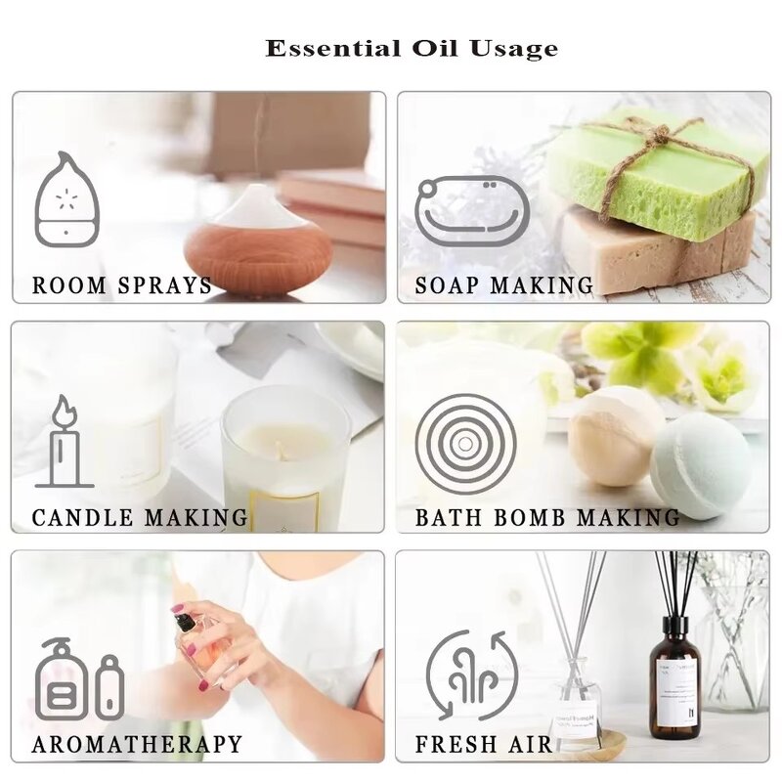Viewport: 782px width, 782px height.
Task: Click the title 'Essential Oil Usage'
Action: [412, 48]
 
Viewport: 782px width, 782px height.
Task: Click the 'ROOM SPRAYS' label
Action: [122, 286]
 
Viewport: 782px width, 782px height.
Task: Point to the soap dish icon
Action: [472, 209]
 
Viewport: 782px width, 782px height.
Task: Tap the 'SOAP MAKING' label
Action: [504, 286]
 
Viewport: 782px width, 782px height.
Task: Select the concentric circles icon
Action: [465, 443]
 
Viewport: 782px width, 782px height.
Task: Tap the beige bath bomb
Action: [616, 436]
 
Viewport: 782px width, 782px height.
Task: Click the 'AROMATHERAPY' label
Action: [137, 745]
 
